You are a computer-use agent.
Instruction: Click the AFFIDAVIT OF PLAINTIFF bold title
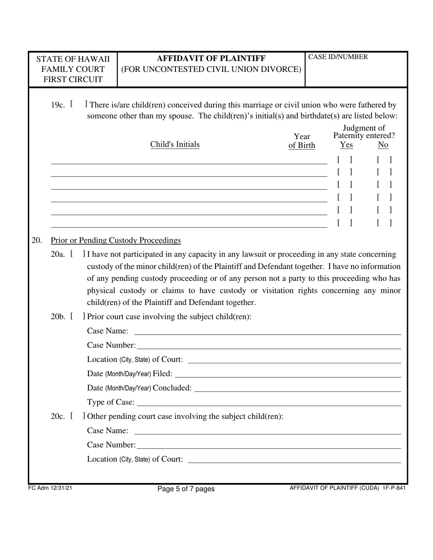(x=211, y=58)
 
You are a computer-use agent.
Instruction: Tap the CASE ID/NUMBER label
(x=338, y=57)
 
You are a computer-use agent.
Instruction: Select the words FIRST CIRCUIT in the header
(x=73, y=80)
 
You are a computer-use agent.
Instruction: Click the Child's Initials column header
(x=175, y=144)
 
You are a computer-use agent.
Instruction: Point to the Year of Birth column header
(x=302, y=141)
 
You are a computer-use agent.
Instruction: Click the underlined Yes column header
(x=346, y=145)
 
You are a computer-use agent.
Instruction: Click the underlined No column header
(x=383, y=145)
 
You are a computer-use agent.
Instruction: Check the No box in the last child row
(x=385, y=223)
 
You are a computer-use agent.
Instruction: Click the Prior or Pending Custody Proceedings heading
(x=116, y=240)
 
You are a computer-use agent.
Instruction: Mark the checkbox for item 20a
(x=78, y=254)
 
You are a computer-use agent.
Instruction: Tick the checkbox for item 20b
(x=78, y=316)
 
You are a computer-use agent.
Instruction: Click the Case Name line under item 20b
(x=267, y=331)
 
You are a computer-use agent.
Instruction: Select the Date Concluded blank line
(x=297, y=388)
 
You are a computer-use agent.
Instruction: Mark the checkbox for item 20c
(x=78, y=416)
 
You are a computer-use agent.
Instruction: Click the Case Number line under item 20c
(x=268, y=445)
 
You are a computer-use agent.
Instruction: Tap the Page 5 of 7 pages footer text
(x=186, y=489)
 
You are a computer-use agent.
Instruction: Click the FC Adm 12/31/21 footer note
(x=50, y=488)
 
